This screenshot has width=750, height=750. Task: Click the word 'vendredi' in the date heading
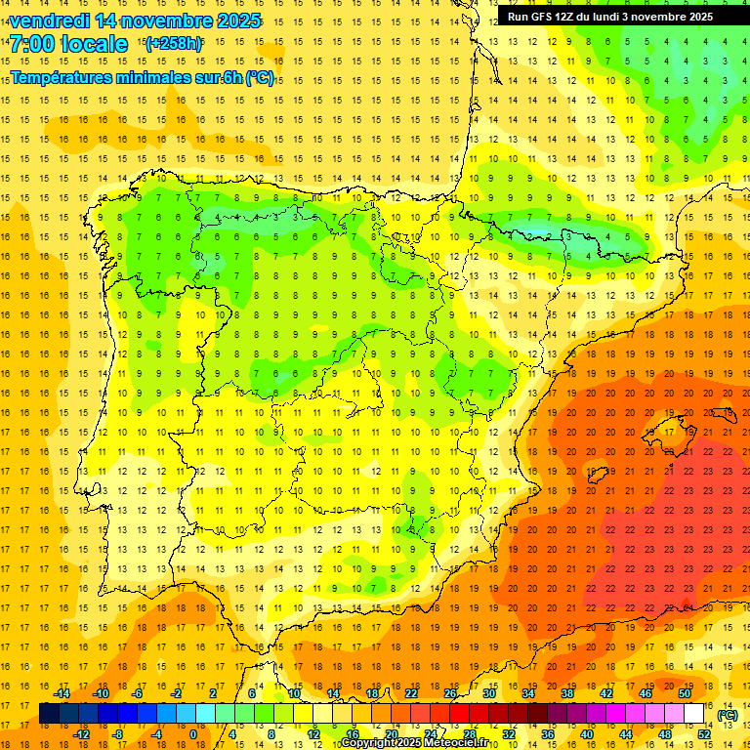[50, 21]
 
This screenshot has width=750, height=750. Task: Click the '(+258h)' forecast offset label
[173, 44]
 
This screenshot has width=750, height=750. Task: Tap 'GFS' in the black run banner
[541, 17]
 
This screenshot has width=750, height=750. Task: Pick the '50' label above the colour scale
[684, 693]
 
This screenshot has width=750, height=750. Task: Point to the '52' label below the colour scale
[703, 733]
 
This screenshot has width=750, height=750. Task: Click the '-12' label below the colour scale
[81, 733]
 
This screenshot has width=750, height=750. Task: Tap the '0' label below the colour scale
[193, 733]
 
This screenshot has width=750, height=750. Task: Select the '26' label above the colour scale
[450, 693]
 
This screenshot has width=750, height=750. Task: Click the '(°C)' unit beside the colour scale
[727, 715]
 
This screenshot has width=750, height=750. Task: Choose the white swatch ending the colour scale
[693, 713]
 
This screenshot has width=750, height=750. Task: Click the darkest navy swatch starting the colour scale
[49, 713]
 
